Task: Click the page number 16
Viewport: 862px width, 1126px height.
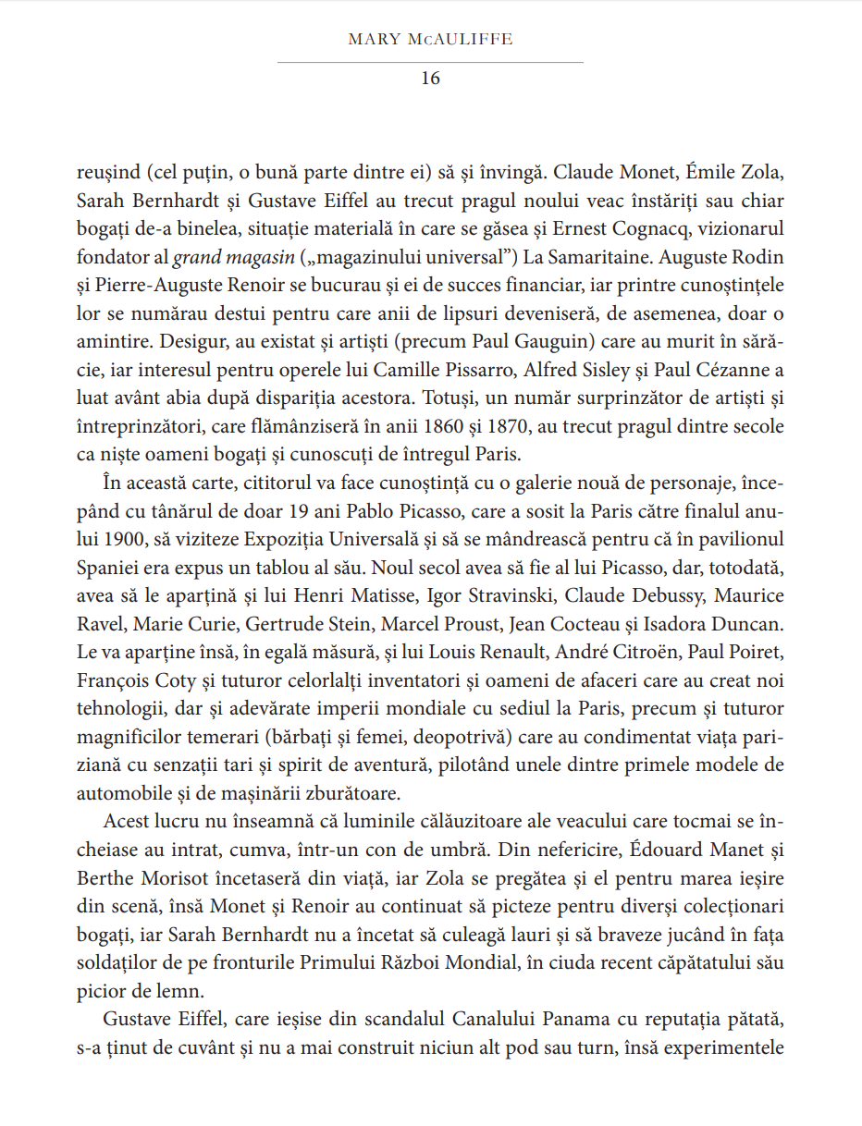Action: point(430,79)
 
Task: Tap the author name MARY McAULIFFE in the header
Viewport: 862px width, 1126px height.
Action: point(430,40)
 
